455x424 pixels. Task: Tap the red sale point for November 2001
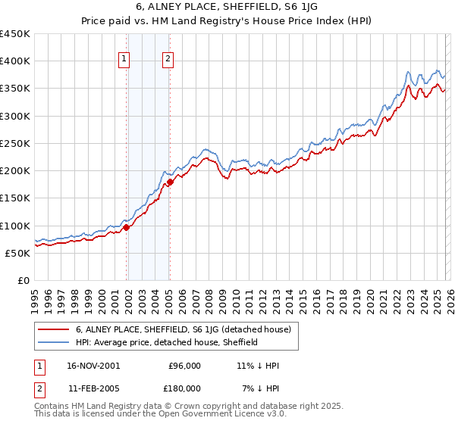[127, 227]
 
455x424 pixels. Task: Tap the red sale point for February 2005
[170, 182]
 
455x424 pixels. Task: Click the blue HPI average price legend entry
[167, 343]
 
